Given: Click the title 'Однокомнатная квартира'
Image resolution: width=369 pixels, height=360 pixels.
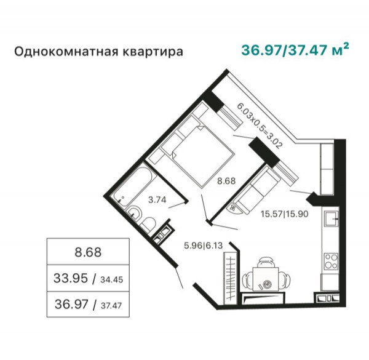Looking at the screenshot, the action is click(98, 52).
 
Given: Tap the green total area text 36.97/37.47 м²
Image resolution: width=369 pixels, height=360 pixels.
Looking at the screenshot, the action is click(295, 50).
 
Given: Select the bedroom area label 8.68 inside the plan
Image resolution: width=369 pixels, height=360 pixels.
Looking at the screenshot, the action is click(226, 181).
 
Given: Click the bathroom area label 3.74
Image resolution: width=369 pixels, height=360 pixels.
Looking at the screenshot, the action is click(157, 200).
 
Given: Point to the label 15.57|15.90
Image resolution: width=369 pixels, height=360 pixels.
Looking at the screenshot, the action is click(285, 214).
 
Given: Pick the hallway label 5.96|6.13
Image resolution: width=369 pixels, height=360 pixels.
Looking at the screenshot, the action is click(204, 246).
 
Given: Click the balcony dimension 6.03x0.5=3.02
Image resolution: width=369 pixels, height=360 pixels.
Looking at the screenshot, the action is click(260, 126).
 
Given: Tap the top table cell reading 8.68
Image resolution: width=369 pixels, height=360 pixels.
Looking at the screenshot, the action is click(88, 252).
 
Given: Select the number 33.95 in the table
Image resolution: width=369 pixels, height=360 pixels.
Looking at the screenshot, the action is click(71, 278).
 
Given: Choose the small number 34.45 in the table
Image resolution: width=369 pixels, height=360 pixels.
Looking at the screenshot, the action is click(112, 279).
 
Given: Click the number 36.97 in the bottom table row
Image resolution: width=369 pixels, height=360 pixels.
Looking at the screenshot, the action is click(71, 304).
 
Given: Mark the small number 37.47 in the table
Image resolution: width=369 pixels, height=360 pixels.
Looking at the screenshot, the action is click(111, 306).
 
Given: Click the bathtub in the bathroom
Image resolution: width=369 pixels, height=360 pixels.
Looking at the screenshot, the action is click(134, 185).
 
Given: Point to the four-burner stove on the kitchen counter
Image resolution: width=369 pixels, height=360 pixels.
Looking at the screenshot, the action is click(331, 262).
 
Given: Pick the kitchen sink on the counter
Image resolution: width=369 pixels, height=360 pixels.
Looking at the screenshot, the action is click(331, 218).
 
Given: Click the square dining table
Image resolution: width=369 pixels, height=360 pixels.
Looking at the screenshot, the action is click(266, 279).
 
